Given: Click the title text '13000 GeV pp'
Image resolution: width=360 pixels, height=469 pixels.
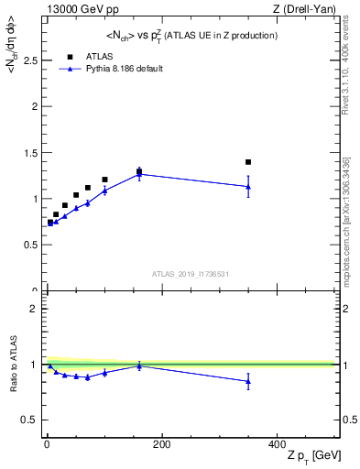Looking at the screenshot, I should point(75,8).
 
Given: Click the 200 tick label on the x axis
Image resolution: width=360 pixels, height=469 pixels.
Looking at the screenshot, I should point(161,444).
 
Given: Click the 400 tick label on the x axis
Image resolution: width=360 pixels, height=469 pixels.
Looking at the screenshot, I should point(277,444).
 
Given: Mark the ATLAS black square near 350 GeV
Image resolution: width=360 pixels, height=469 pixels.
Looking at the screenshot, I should point(248,162).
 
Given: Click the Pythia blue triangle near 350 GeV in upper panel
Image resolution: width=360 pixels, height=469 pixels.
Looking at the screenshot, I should point(248,187).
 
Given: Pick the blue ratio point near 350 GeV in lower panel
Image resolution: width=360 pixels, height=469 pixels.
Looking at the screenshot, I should point(248,382).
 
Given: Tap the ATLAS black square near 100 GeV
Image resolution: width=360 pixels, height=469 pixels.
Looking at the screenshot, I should point(104,180).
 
